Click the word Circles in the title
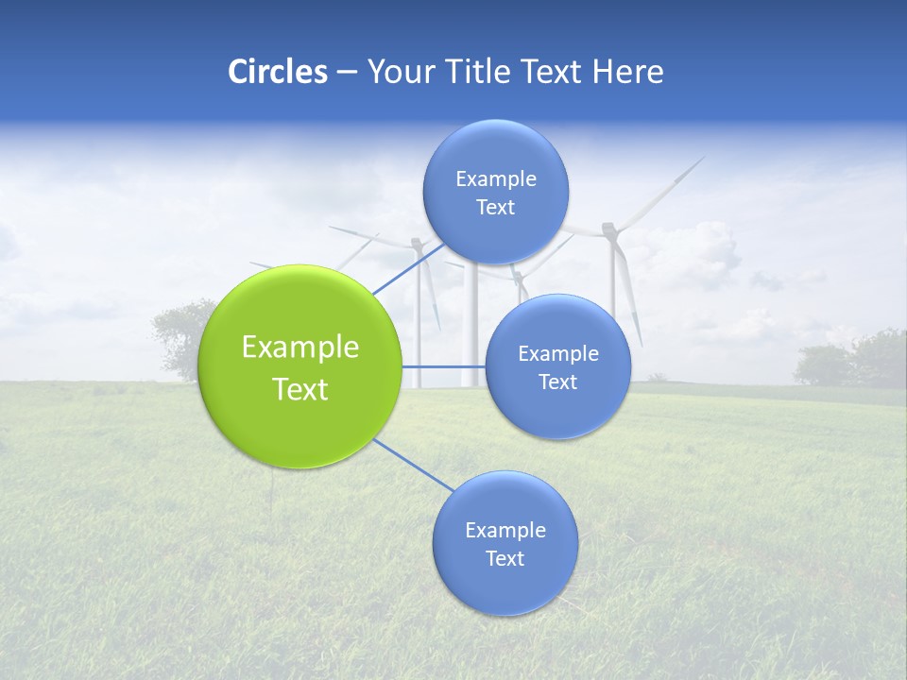pyautogui.click(x=278, y=72)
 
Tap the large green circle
pyautogui.click(x=300, y=366)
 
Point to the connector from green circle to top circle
pyautogui.click(x=408, y=268)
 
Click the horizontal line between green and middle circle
pyautogui.click(x=443, y=366)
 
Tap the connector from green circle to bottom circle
pyautogui.click(x=413, y=465)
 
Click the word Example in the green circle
pyautogui.click(x=300, y=348)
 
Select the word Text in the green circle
pyautogui.click(x=300, y=389)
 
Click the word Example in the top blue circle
pyautogui.click(x=496, y=178)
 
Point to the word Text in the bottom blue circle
pyautogui.click(x=505, y=558)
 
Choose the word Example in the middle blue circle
pyautogui.click(x=557, y=354)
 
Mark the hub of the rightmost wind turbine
pyautogui.click(x=609, y=228)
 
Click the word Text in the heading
pyautogui.click(x=555, y=72)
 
